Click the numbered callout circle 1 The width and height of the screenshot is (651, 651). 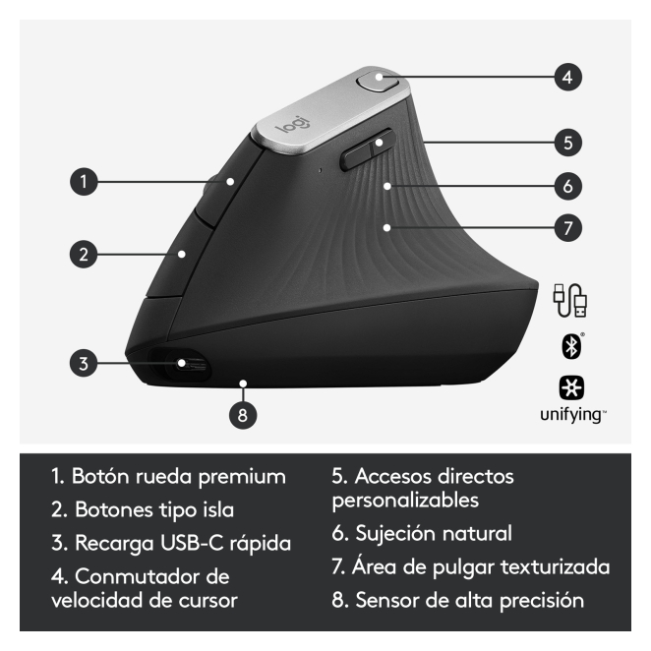coord(84,181)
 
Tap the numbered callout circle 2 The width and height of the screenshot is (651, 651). coord(84,254)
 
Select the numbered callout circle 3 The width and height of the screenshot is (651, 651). coord(84,363)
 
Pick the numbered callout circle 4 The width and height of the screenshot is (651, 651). coord(568,77)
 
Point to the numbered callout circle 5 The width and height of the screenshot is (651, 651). coord(568,143)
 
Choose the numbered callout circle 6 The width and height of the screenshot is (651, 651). coord(568,186)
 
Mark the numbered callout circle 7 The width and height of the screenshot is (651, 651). coord(568,227)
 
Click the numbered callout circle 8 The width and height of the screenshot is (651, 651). coord(243,415)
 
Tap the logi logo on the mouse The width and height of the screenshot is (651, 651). coord(293,124)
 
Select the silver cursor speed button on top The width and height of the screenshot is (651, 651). coord(378,81)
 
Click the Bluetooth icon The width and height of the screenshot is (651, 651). coord(571,346)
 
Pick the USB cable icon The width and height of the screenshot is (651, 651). coord(570,300)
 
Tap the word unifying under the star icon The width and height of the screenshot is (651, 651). coord(571,415)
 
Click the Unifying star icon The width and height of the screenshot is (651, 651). coord(571,387)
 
